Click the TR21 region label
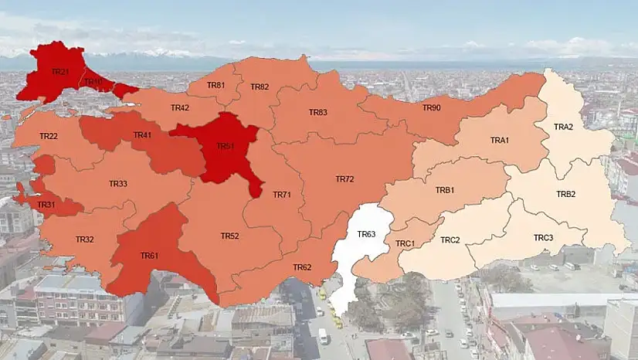tap(60, 71)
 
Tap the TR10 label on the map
tap(93, 82)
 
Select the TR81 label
tap(216, 85)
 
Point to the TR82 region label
tap(260, 87)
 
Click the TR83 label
tap(318, 112)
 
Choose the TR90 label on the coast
tap(431, 107)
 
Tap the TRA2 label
tap(564, 127)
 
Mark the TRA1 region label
tap(500, 140)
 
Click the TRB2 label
tap(566, 194)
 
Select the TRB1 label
tap(445, 190)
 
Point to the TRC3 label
tap(544, 237)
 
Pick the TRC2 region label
tap(450, 239)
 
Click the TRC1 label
tap(406, 243)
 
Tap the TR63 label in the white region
tap(366, 233)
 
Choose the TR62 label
tap(302, 267)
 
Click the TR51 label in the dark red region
tap(225, 145)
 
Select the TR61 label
tap(149, 255)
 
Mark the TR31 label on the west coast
tap(46, 205)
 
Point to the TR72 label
tap(344, 178)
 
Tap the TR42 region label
tap(180, 107)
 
